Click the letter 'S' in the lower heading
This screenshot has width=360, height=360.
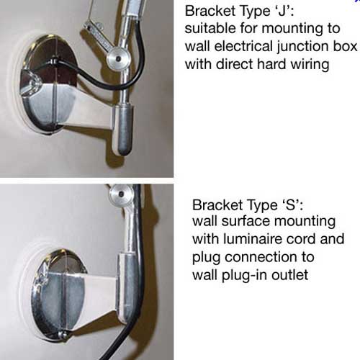click(x=291, y=205)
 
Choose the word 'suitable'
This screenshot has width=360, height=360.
click(x=210, y=28)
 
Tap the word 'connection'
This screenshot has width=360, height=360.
click(x=269, y=257)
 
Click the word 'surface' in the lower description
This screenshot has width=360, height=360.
click(x=246, y=221)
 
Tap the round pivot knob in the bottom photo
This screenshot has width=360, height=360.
click(x=121, y=194)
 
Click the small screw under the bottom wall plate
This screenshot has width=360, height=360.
click(x=63, y=334)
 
